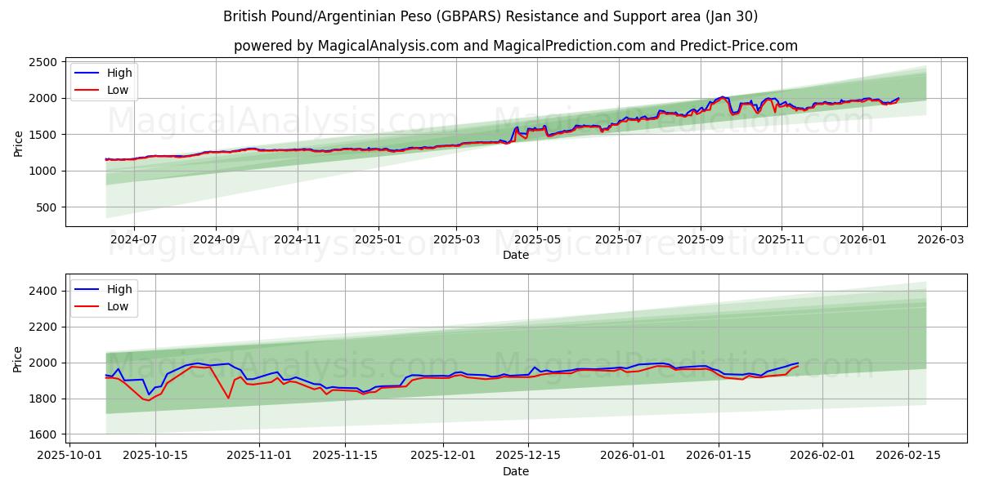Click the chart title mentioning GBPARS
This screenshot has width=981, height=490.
tap(490, 16)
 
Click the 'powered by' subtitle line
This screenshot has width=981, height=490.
tap(515, 46)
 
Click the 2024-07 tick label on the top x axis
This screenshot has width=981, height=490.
tap(133, 240)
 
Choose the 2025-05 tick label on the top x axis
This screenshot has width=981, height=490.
tap(537, 240)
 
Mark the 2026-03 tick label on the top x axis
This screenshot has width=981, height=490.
tap(940, 240)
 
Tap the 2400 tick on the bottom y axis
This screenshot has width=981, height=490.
tap(43, 291)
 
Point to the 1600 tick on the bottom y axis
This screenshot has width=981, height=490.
tap(43, 434)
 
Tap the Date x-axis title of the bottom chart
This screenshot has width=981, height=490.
tap(515, 471)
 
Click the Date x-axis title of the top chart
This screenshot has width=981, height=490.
tap(515, 255)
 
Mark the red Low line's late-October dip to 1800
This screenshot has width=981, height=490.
tap(228, 398)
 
